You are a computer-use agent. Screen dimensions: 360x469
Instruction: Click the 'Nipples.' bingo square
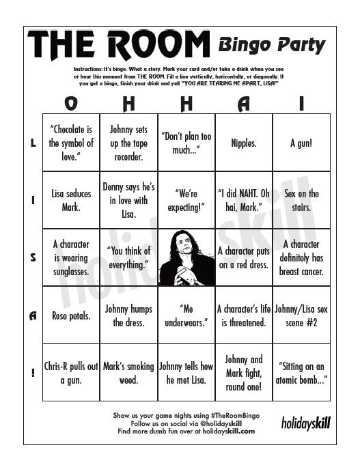243,143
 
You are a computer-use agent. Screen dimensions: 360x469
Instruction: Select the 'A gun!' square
301,143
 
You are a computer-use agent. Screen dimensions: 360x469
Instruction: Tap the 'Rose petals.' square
71,315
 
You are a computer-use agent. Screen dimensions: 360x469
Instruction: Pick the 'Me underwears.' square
186,315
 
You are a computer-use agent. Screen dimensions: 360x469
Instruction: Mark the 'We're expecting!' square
186,200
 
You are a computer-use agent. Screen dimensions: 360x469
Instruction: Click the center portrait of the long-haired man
186,257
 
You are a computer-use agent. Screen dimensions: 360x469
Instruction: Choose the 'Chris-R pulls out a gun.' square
71,373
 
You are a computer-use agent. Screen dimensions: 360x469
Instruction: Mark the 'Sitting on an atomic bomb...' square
301,373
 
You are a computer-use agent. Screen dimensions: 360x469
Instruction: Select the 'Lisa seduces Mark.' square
71,200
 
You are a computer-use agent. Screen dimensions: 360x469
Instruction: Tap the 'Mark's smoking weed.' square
129,373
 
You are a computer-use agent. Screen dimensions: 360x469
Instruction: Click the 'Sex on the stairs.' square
301,200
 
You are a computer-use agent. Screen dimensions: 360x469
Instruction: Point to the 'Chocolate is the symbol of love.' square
71,143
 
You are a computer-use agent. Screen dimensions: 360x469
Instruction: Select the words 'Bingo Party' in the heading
271,46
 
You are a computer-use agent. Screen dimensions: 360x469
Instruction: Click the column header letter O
71,104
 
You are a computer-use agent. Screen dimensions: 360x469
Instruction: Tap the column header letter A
244,104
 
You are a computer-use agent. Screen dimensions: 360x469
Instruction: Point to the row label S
33,257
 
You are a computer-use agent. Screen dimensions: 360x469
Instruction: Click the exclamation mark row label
33,373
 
